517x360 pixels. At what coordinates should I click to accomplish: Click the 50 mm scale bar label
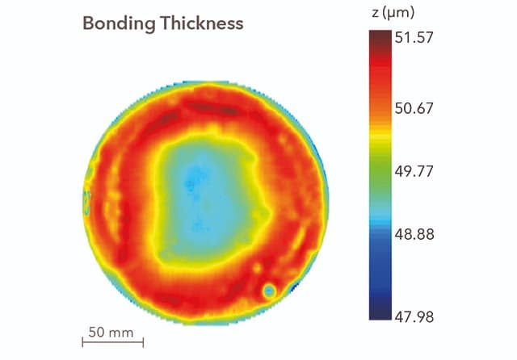pos(110,331)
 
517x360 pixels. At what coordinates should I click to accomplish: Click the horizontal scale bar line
pos(113,342)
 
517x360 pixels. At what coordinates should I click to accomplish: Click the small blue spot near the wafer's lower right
pos(269,291)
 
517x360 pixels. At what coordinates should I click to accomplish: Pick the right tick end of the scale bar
pos(143,342)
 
